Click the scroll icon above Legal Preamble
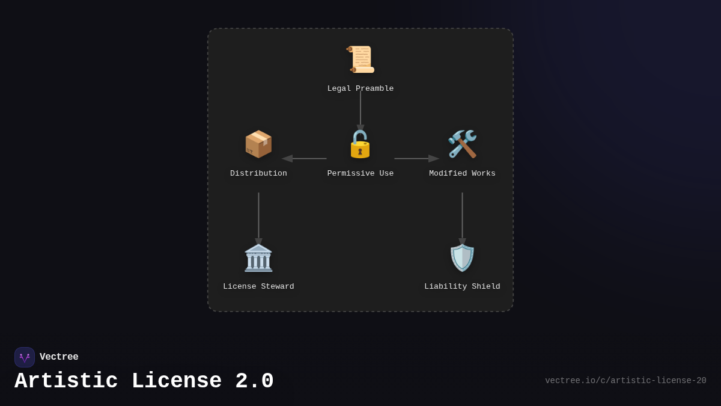[360, 60]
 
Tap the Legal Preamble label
[360, 89]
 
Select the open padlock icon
[360, 144]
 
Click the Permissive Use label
[360, 174]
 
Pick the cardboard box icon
[258, 144]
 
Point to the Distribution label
[258, 174]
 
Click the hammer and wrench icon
[462, 144]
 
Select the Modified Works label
[462, 174]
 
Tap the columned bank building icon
[258, 258]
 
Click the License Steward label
[258, 287]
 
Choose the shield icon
[462, 258]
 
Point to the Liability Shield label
[462, 287]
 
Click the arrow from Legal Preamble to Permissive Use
[360, 110]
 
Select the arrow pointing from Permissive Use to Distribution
[305, 159]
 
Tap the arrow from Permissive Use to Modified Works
[416, 159]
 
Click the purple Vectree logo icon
[25, 357]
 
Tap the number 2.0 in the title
[254, 381]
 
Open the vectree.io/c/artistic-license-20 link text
[625, 381]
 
